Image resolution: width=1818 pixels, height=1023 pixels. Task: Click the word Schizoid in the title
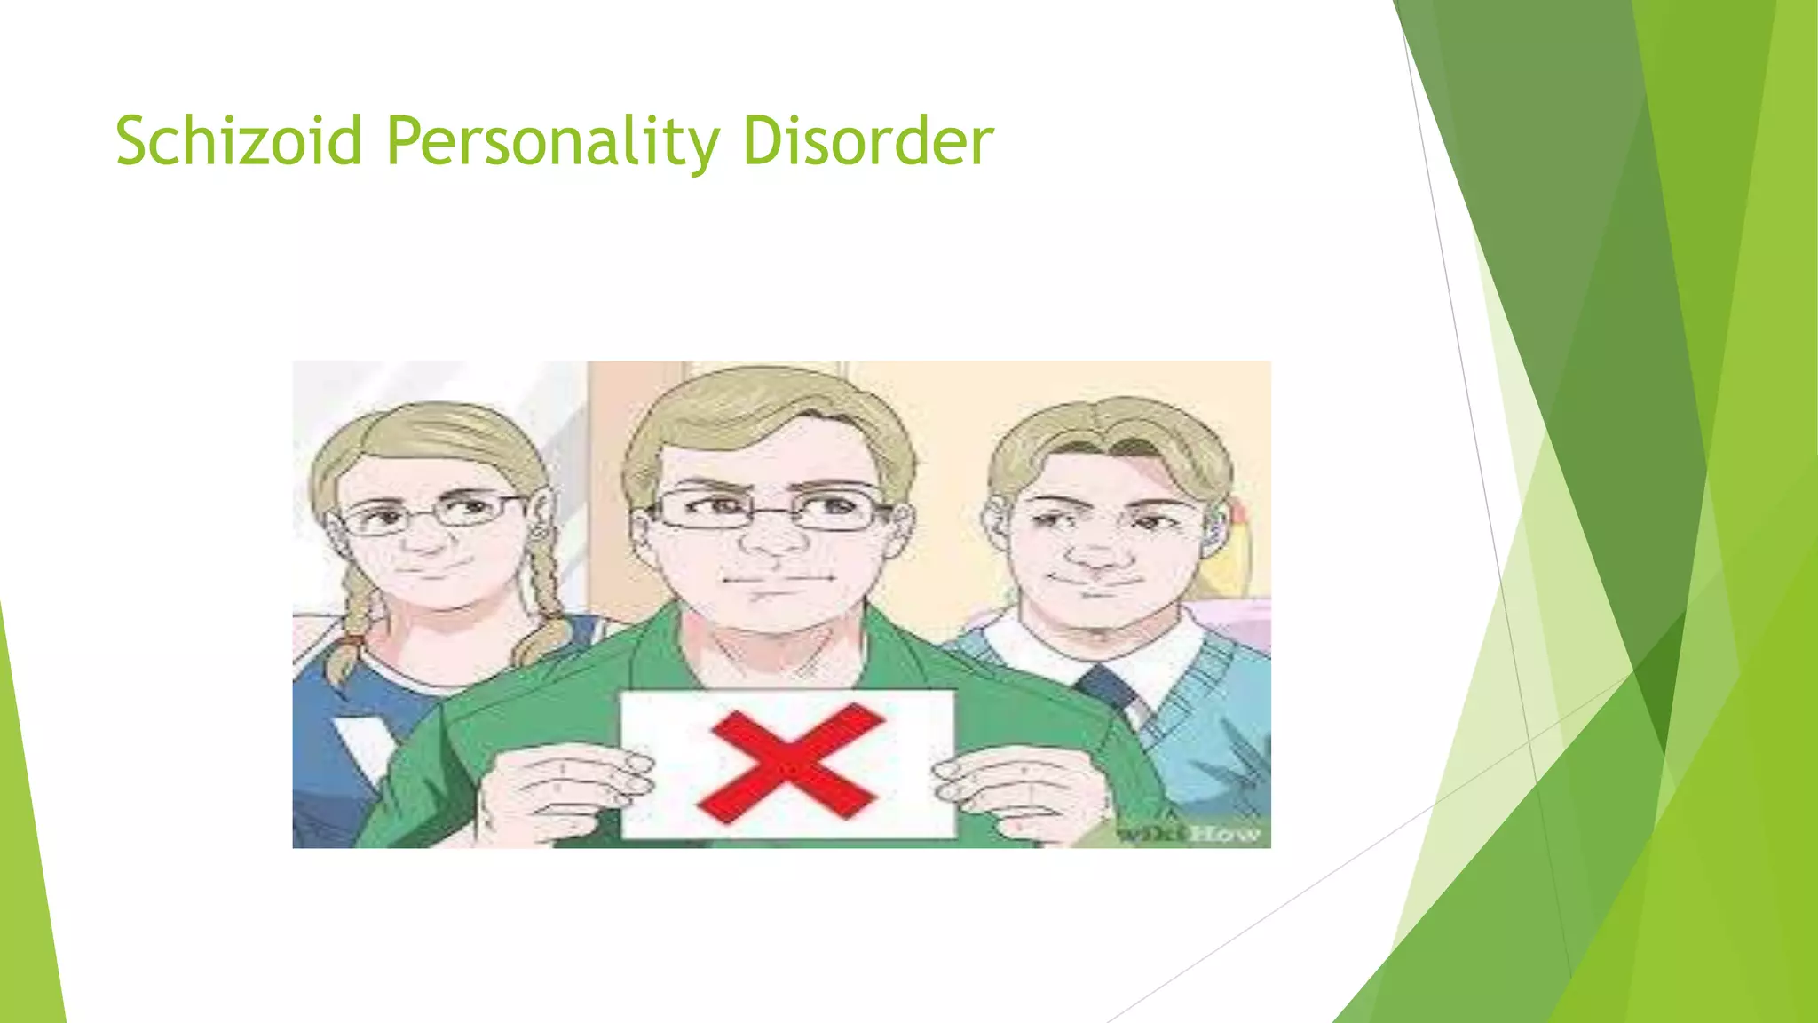239,141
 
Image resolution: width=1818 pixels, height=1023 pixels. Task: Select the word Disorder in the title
867,141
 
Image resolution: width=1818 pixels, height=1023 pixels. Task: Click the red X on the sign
790,762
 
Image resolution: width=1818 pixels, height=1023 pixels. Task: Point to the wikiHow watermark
1190,833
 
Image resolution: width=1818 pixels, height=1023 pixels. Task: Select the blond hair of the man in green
763,408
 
